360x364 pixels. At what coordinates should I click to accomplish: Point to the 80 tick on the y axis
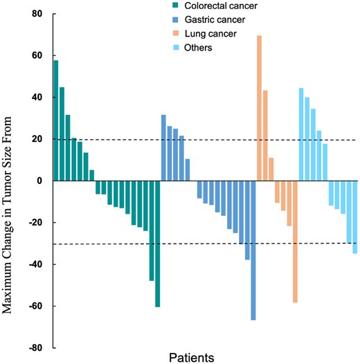click(x=36, y=14)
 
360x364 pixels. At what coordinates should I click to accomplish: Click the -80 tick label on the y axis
click(x=34, y=348)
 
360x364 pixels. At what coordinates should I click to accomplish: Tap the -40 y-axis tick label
click(x=34, y=264)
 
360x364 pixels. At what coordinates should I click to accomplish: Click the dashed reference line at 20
click(x=208, y=140)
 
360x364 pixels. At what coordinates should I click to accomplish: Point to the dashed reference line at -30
click(x=208, y=244)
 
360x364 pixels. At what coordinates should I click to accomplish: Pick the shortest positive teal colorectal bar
click(x=92, y=175)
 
